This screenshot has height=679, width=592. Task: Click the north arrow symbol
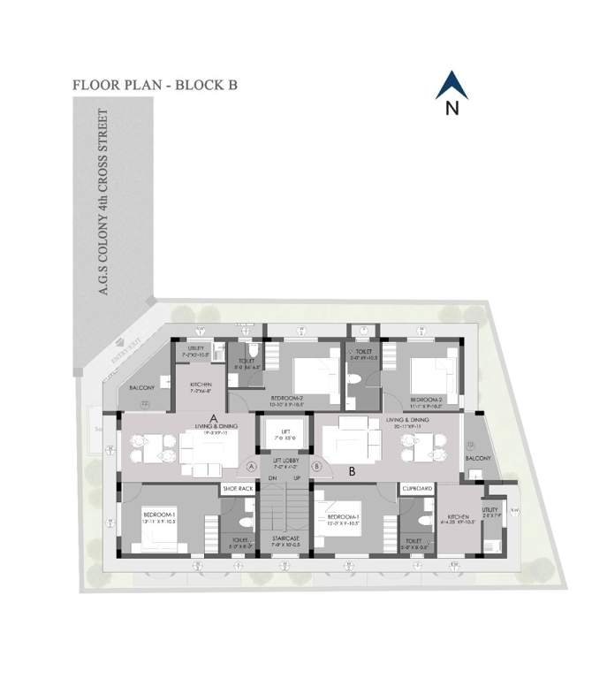tap(452, 85)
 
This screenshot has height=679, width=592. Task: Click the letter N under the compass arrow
tap(452, 110)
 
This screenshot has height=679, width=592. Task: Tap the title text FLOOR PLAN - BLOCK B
tap(156, 86)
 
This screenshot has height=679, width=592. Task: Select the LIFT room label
tap(285, 431)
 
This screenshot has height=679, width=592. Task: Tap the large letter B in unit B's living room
tap(352, 471)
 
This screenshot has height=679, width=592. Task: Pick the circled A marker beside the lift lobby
tap(252, 465)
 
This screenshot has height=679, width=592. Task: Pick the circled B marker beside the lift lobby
tap(318, 465)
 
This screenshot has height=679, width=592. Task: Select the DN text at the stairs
tap(272, 478)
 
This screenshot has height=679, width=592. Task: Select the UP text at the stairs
tap(298, 478)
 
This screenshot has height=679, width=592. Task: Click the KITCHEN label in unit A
tap(201, 385)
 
